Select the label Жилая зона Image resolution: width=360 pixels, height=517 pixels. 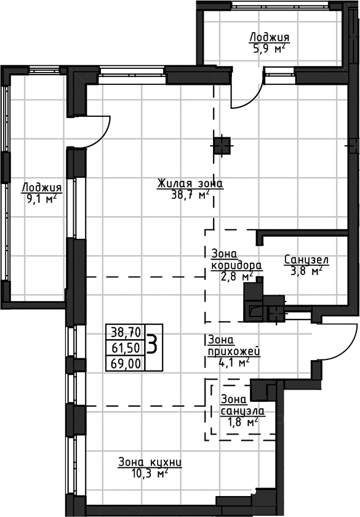tap(190, 183)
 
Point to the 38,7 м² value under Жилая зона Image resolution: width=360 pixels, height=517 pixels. tap(190, 195)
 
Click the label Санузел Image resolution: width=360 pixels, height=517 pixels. tap(306, 260)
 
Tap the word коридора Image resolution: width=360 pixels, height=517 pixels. tap(237, 265)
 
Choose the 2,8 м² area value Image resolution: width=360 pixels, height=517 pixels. tap(237, 276)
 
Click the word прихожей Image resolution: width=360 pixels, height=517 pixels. tap(234, 351)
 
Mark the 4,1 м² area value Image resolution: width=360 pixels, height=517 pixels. tap(234, 363)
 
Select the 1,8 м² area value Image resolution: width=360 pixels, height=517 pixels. tap(242, 422)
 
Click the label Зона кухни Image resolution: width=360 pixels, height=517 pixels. tap(150, 462)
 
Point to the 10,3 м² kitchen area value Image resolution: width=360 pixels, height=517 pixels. tap(150, 474)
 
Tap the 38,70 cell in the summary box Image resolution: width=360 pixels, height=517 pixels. tap(126, 332)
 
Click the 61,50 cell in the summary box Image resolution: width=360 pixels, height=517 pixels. tap(126, 348)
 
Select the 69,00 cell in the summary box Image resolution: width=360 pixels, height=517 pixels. tap(126, 363)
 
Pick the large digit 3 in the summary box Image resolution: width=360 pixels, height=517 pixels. tap(153, 343)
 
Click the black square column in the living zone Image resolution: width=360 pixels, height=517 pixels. tap(222, 146)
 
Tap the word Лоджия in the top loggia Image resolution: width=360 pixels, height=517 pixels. tap(270, 37)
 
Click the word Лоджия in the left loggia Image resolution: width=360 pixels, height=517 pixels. tap(42, 188)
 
